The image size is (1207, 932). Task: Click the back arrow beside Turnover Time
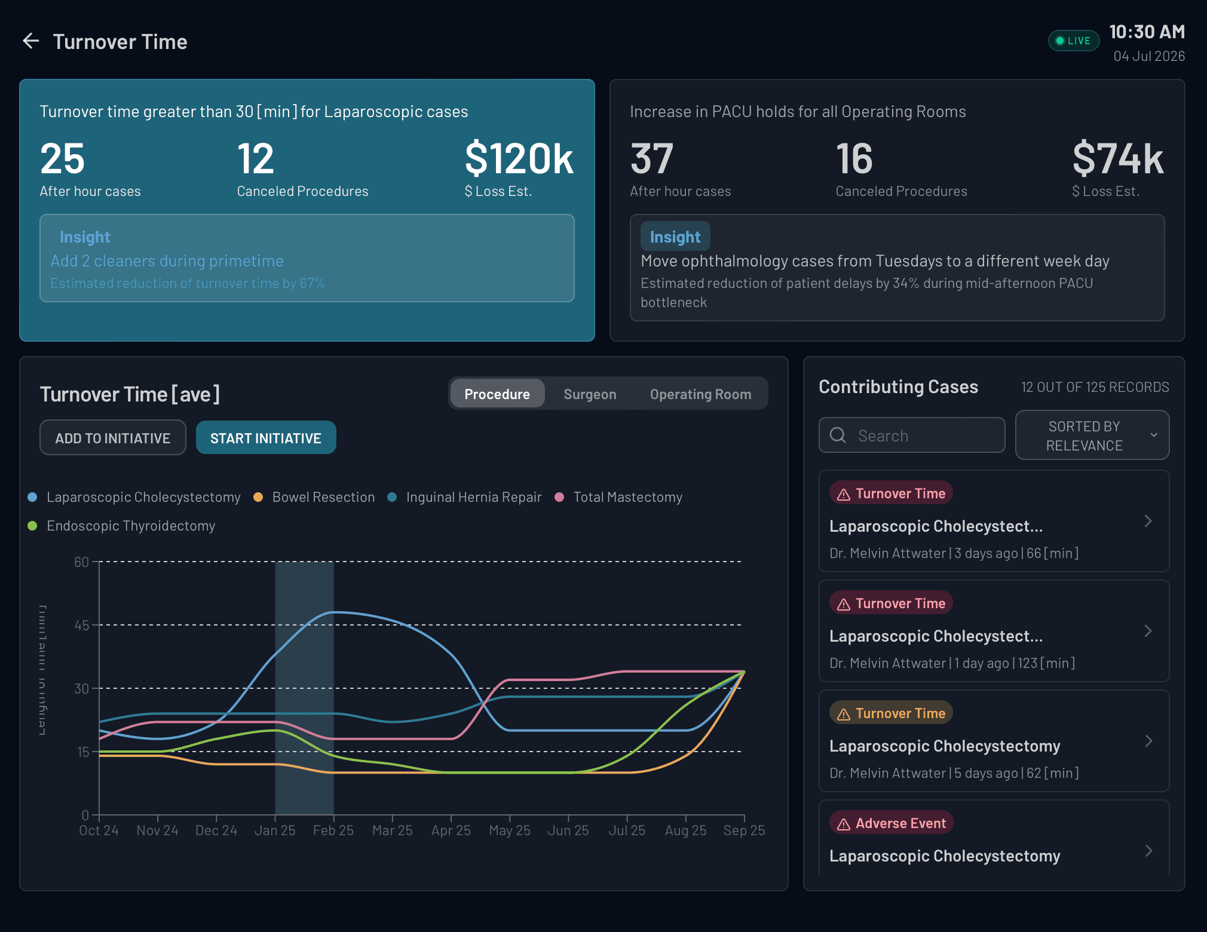pos(31,41)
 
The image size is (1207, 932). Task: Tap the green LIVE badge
pos(1073,41)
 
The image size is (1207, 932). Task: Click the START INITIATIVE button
pos(266,438)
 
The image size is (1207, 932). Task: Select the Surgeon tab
pos(589,394)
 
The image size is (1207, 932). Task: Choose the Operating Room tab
pos(700,394)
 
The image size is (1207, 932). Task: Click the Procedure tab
pos(497,394)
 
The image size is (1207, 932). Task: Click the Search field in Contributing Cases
pos(912,436)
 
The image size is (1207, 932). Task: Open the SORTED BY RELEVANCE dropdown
pos(1092,436)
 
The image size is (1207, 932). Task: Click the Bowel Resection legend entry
pos(323,497)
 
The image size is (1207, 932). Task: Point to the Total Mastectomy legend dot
pos(559,497)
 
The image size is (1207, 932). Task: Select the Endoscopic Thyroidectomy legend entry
pos(130,526)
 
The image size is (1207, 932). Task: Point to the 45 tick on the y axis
pos(81,626)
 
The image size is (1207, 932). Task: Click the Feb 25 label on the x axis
pos(333,830)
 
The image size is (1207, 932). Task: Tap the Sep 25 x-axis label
pos(744,830)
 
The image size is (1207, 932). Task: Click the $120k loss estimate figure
pos(519,159)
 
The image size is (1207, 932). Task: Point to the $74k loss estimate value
pos(1117,159)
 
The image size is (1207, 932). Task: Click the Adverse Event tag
pos(891,823)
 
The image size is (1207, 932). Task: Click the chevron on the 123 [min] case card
pos(1148,631)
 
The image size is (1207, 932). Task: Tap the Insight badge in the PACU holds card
pos(675,237)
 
